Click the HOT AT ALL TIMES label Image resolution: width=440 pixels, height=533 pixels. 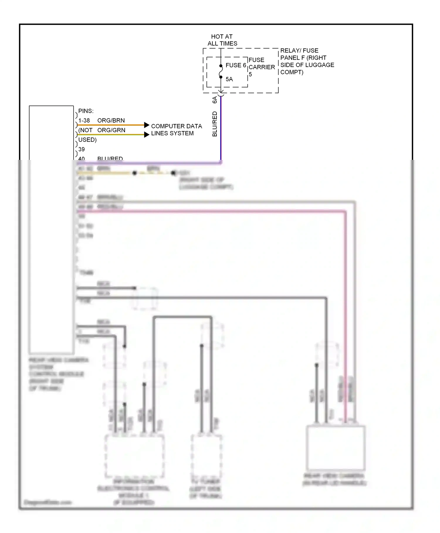coord(222,40)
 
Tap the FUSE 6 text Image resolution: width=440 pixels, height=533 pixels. coord(236,65)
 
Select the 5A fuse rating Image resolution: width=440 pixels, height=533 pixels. coord(229,79)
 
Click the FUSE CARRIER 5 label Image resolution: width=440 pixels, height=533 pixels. coord(261,67)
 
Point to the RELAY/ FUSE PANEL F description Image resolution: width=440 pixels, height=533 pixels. coord(307,61)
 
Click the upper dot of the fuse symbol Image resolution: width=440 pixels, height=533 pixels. coord(221,66)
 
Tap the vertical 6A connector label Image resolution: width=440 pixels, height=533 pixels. coord(214,100)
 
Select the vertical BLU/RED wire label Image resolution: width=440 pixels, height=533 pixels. coord(214,124)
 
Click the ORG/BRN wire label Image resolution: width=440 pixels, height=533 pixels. coord(111,120)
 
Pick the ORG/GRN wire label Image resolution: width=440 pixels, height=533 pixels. coord(111,130)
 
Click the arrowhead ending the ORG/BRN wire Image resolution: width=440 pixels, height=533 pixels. coord(147,125)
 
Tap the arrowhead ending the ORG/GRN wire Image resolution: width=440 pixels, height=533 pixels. coord(147,135)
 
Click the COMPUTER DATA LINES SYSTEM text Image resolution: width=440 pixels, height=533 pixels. coord(176,130)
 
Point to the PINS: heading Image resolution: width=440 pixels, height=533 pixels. coord(86,111)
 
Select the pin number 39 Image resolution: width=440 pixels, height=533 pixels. coord(82,149)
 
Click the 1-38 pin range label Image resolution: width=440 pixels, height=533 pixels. coord(84,120)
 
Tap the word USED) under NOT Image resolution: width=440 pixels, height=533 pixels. coord(87,140)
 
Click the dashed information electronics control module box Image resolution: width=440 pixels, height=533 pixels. coord(134,456)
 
